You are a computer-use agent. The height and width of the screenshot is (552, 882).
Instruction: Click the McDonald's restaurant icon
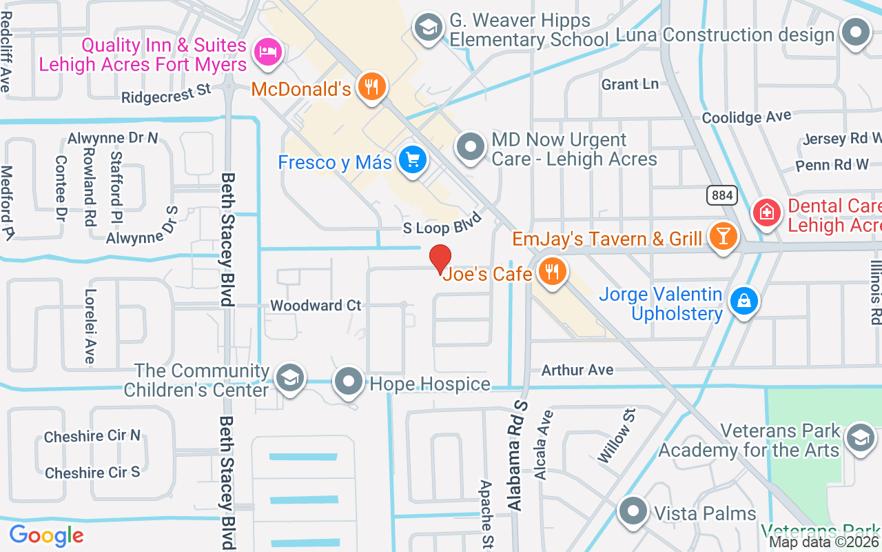click(372, 87)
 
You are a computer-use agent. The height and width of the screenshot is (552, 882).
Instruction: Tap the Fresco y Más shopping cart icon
click(413, 161)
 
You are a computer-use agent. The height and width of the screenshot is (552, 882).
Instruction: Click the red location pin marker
click(440, 259)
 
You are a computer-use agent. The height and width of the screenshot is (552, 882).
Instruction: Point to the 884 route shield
click(721, 195)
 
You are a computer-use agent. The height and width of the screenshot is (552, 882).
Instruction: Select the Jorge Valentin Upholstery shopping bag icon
click(743, 301)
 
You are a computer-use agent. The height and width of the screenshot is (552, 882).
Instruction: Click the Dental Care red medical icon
click(766, 213)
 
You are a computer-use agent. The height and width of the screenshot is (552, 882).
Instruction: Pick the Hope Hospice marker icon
click(349, 381)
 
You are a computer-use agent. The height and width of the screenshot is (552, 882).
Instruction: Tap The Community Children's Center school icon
click(290, 377)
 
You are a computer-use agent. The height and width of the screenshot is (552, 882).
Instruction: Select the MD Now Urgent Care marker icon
click(471, 147)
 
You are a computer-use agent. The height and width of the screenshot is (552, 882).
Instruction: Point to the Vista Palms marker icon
click(632, 512)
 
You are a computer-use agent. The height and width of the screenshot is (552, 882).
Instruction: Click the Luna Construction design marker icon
click(856, 32)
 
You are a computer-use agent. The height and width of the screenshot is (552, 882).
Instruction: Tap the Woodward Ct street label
click(316, 305)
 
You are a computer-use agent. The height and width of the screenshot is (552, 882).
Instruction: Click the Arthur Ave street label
click(577, 370)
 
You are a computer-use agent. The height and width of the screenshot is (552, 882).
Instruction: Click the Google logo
click(46, 535)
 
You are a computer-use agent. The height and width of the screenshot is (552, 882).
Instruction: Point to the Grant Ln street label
click(630, 84)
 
